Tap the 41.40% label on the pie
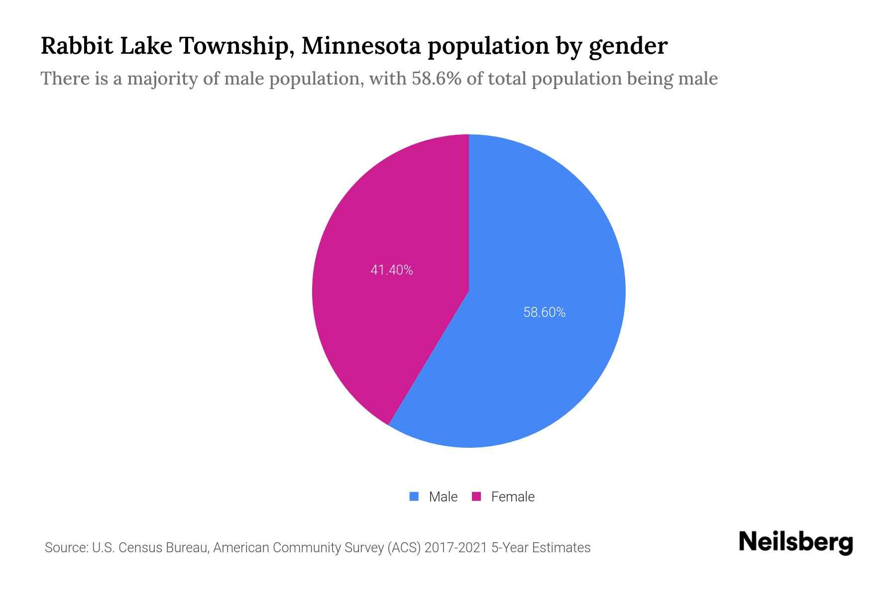pos(392,270)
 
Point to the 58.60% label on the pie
pos(544,312)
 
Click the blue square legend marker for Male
pos(414,497)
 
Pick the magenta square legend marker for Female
pos(476,497)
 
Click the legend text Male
pos(443,497)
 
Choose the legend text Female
pos(513,497)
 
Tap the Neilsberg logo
pos(795,542)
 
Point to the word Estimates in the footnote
pos(561,548)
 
